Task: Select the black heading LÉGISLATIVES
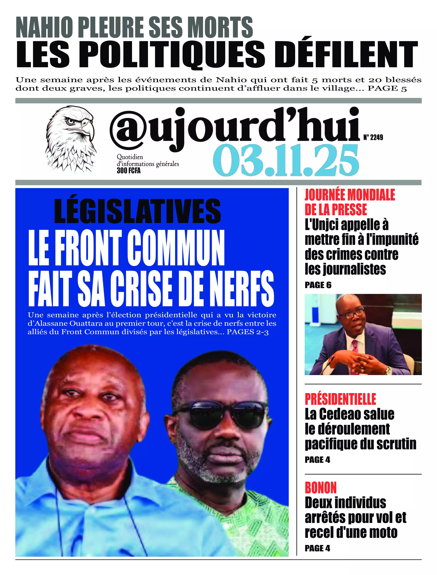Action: (137, 211)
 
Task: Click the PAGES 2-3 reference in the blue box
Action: (247, 332)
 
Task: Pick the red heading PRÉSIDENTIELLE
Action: (340, 399)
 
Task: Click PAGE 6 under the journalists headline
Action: (318, 285)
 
